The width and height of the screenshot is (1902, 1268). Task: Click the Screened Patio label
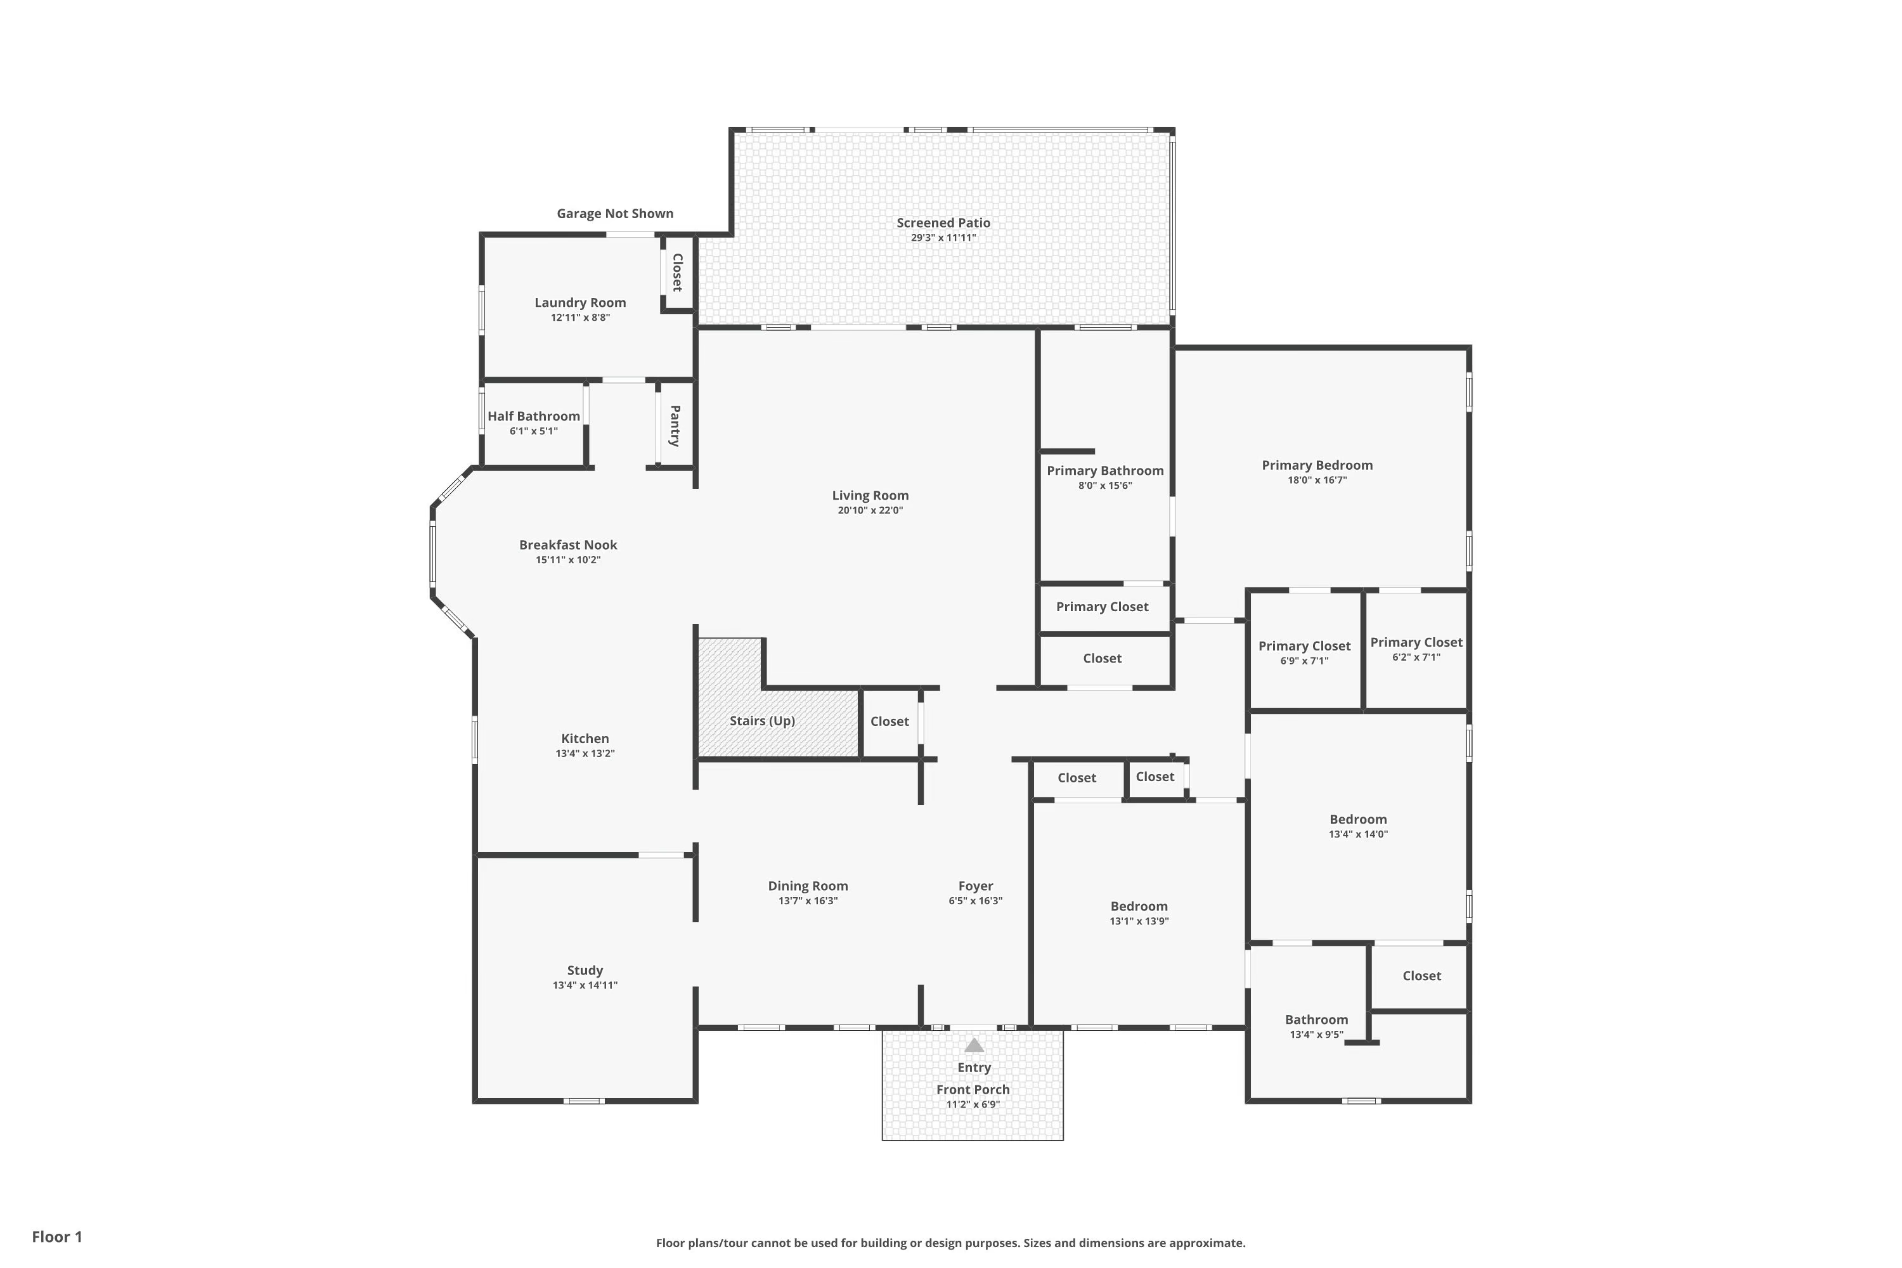coord(943,223)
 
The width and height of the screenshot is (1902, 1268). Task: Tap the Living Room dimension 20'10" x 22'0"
coord(870,510)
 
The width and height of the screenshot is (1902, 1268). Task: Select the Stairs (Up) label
coord(762,720)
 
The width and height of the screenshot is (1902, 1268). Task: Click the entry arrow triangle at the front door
coord(974,1045)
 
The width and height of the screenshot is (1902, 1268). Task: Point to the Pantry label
coord(675,426)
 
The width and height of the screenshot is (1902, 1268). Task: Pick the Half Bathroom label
coord(534,416)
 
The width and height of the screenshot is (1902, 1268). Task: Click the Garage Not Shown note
coord(614,214)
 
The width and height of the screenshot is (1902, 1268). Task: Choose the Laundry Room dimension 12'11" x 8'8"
coord(581,318)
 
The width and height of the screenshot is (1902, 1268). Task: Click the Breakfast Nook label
coord(567,545)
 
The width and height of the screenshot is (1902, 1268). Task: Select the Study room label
coord(585,971)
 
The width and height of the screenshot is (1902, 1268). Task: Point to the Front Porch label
coord(973,1089)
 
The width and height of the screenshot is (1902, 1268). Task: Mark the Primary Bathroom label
coord(1104,470)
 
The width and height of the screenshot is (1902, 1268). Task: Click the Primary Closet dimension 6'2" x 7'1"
coord(1416,657)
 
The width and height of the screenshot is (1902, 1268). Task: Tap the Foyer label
coord(975,886)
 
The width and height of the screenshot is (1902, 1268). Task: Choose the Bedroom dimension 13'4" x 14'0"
coord(1358,834)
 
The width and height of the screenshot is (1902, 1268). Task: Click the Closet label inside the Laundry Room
coord(677,273)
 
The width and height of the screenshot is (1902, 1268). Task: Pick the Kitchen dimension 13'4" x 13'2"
coord(585,754)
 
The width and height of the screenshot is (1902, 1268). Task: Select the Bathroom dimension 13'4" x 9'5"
coord(1317,1034)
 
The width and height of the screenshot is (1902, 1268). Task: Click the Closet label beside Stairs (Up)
coord(890,721)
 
